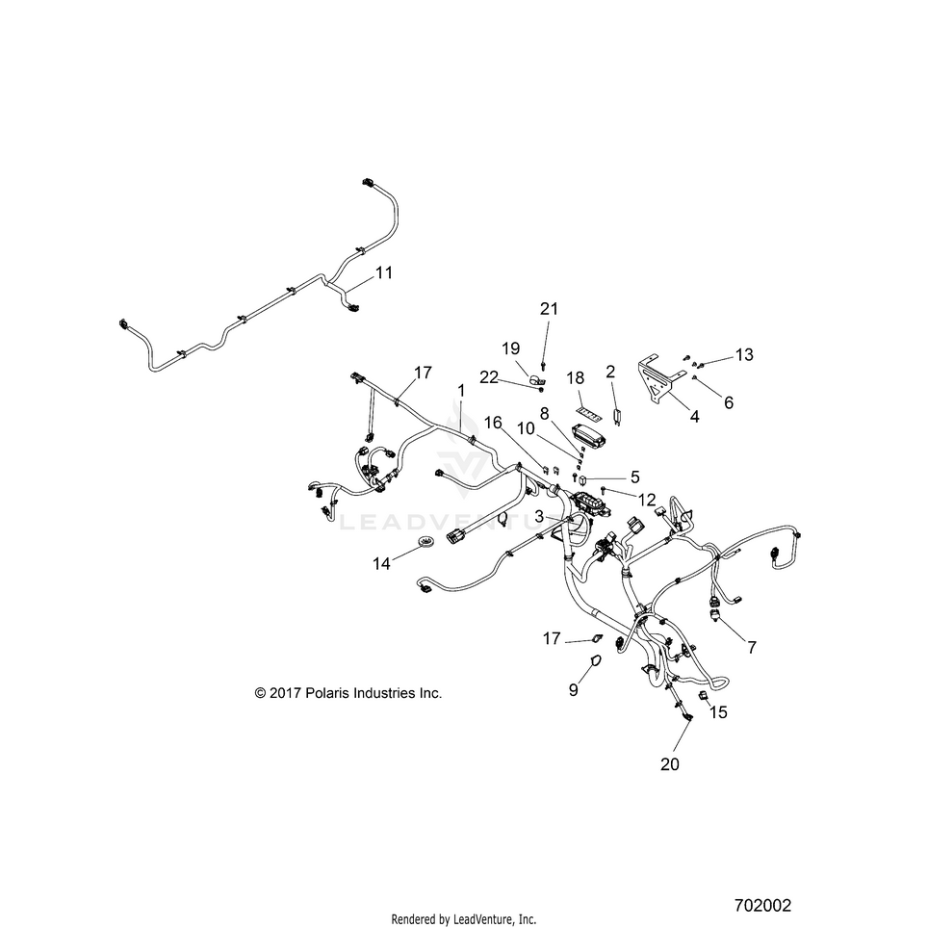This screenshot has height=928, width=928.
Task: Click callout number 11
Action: [x=384, y=272]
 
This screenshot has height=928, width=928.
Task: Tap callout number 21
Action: [x=550, y=309]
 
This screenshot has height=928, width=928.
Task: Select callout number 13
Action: [x=744, y=354]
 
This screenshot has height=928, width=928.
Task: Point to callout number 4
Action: [x=695, y=417]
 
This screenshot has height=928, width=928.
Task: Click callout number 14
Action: [x=382, y=564]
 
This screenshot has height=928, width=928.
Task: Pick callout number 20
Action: [x=670, y=764]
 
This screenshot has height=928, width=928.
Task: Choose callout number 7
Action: [x=752, y=648]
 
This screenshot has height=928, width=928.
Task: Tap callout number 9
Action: [x=573, y=690]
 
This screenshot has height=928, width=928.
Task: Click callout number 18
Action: [x=576, y=378]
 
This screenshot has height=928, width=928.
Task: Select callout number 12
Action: [x=647, y=501]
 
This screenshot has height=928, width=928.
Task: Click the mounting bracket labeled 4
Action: [x=660, y=378]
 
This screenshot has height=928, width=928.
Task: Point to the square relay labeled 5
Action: [x=583, y=477]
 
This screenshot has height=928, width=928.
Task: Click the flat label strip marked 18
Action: [x=590, y=413]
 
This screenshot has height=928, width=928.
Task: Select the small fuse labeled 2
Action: [x=617, y=417]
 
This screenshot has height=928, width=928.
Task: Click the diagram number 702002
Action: [x=762, y=906]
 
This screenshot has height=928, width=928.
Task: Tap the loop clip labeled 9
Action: [x=596, y=659]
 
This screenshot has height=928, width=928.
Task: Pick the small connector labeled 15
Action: [x=704, y=695]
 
